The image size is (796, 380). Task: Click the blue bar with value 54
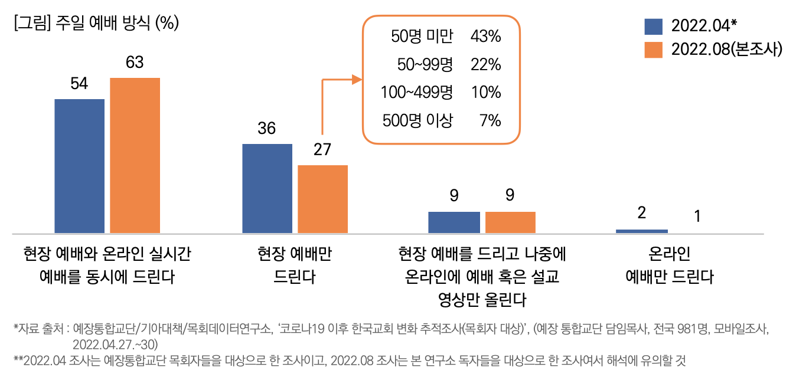click(x=80, y=166)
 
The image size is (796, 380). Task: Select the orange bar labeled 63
click(x=135, y=155)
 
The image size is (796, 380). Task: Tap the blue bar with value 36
click(x=267, y=188)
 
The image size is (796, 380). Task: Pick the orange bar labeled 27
click(x=322, y=199)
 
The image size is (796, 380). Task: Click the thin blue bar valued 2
click(x=641, y=231)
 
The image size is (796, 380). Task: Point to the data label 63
click(x=135, y=63)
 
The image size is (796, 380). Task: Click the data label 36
click(x=267, y=128)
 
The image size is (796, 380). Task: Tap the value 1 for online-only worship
click(x=697, y=217)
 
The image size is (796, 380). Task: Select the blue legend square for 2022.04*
click(x=653, y=26)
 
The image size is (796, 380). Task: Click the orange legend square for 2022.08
click(x=653, y=50)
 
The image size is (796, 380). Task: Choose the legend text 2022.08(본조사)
click(x=726, y=50)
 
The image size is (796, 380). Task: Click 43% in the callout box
click(x=485, y=37)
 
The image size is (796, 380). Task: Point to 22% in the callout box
click(x=485, y=64)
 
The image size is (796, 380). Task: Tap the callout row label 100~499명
click(x=416, y=93)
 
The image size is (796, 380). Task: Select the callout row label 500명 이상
click(x=417, y=121)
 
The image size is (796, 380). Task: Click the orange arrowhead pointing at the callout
click(x=357, y=80)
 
